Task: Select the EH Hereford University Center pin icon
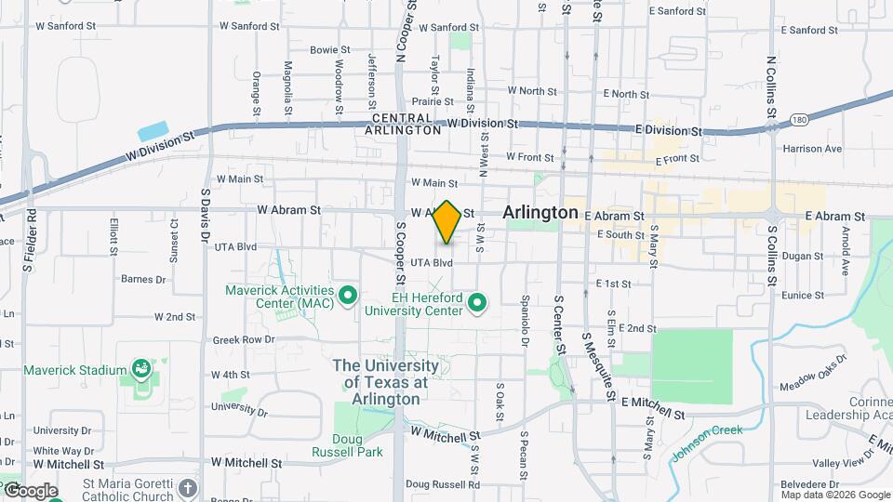[478, 302]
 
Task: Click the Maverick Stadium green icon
[141, 370]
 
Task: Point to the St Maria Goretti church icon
[188, 488]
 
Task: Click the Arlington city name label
[540, 213]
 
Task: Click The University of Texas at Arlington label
[380, 382]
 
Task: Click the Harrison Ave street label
[812, 149]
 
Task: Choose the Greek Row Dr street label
[239, 340]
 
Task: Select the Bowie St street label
[329, 50]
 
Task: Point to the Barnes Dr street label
[143, 279]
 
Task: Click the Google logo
[30, 491]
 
